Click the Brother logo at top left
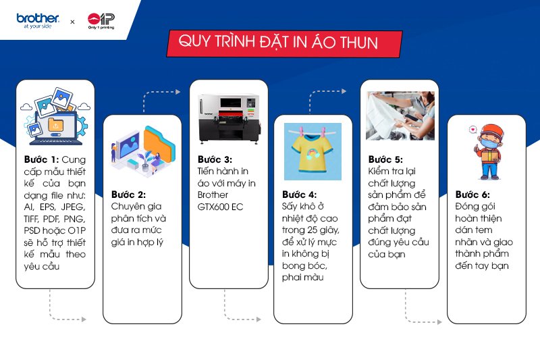pos(38,21)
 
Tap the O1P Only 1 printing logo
pos(102,21)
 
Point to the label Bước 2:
pos(128,195)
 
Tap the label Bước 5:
pos(385,159)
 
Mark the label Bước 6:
pos(473,194)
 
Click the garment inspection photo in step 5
pos(400,115)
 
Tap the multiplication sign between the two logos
pos(73,22)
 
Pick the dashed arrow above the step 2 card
pos(162,95)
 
